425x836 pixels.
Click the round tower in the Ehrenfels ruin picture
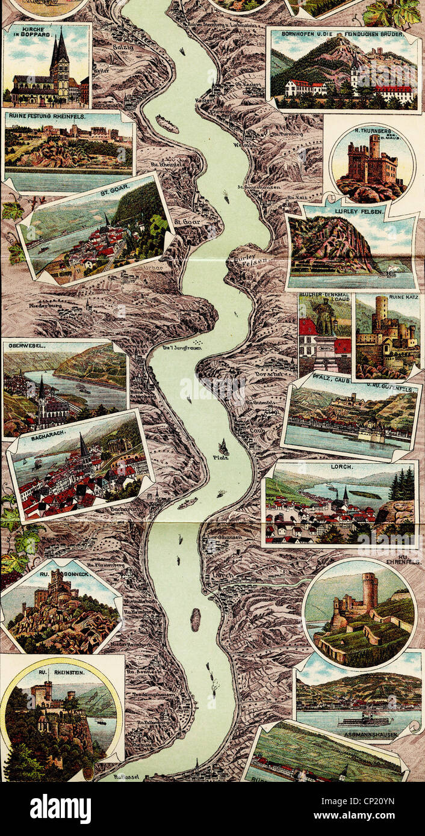tap(370, 589)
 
